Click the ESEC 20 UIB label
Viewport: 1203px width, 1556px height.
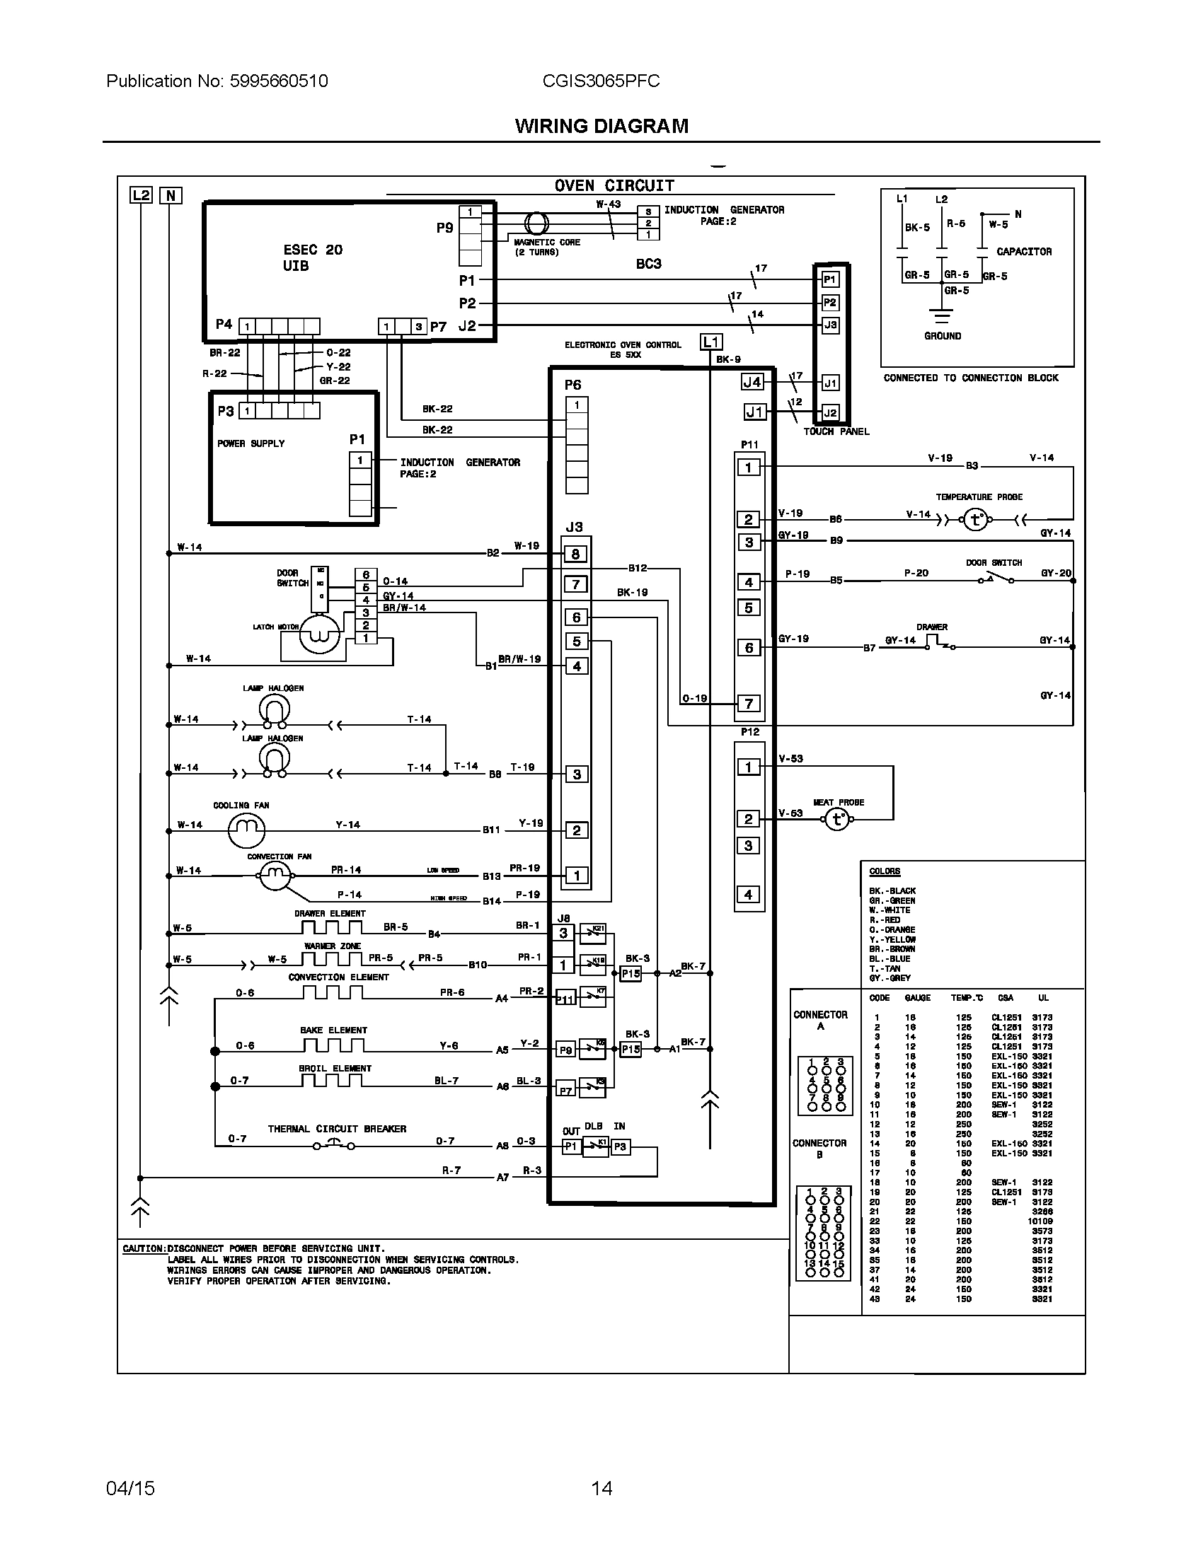coord(312,257)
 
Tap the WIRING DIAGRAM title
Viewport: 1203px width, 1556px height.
coord(601,126)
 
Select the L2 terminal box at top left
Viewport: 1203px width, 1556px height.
coord(141,194)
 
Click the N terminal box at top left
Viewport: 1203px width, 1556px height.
coord(171,195)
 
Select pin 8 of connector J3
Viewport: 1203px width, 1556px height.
coord(576,554)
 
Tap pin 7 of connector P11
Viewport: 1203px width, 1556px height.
coord(748,703)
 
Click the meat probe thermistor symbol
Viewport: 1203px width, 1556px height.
coord(837,820)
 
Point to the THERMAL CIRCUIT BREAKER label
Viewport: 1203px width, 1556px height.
coord(336,1129)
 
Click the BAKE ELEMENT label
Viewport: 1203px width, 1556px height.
coord(333,1030)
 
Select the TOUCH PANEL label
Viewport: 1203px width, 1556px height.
coord(836,431)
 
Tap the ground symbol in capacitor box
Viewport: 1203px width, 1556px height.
coord(942,318)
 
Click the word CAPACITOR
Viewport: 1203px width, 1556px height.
coord(1023,252)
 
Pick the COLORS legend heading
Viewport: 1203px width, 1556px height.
coord(885,871)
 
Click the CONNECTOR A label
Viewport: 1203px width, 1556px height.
coord(820,1019)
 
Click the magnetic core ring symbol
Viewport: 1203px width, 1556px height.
coord(536,223)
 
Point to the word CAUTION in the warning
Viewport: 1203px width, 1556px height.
coord(144,1248)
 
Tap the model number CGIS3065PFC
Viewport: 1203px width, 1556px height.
coord(601,81)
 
